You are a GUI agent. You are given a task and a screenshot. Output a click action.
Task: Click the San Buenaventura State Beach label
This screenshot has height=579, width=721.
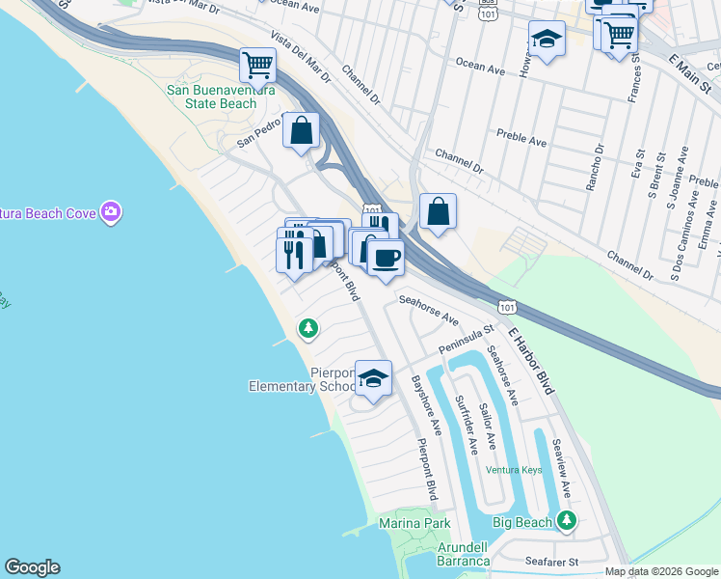click(x=221, y=96)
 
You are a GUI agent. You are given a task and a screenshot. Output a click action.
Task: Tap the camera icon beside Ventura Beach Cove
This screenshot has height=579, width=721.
click(x=113, y=211)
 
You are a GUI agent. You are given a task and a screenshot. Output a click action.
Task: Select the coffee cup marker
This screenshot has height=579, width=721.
click(x=386, y=258)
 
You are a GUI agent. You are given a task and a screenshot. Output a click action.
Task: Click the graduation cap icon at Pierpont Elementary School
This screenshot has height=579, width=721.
click(x=373, y=377)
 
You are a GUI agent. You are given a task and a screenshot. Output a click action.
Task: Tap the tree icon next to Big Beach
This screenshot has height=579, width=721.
click(x=567, y=521)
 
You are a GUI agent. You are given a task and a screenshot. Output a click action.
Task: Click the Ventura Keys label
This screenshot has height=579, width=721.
click(x=513, y=470)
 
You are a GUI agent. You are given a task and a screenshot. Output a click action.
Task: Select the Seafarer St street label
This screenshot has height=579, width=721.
click(x=551, y=561)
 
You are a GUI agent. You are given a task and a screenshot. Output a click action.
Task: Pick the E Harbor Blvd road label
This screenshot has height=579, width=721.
click(x=532, y=361)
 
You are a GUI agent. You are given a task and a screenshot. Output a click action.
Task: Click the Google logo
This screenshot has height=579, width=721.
click(x=32, y=567)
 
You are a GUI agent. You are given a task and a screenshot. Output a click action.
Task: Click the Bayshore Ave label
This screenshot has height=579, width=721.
click(x=426, y=405)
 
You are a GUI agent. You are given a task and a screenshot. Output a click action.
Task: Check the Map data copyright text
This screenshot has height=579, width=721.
click(x=661, y=571)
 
